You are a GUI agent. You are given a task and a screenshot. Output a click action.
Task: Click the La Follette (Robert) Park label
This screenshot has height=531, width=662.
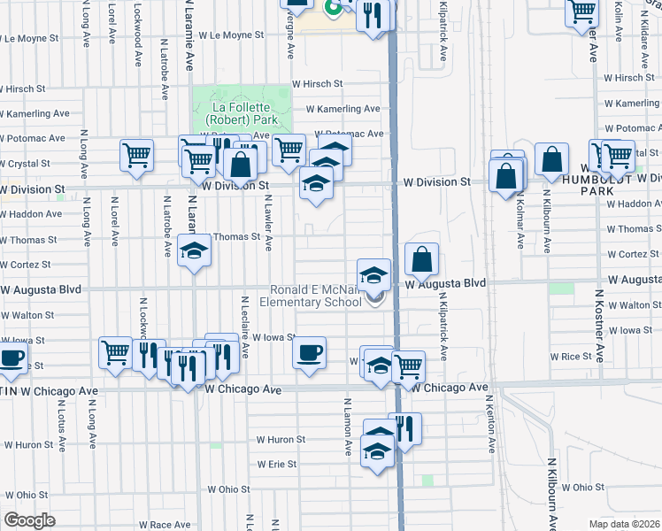point(242,112)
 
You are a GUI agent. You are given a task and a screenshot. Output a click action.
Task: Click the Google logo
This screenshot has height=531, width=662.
point(29,519)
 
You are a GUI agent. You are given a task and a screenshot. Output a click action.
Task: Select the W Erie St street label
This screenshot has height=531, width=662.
point(276,464)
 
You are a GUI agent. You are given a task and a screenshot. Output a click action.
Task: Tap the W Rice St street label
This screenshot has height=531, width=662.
point(570,356)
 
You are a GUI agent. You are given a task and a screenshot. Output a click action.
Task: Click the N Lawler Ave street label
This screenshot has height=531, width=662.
point(267,227)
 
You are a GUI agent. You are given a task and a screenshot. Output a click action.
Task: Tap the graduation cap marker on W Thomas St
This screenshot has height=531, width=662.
point(194,251)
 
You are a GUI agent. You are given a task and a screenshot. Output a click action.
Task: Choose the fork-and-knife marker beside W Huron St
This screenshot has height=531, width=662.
point(404,430)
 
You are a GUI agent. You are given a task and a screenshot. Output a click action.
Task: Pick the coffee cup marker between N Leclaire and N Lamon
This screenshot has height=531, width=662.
point(309,352)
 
